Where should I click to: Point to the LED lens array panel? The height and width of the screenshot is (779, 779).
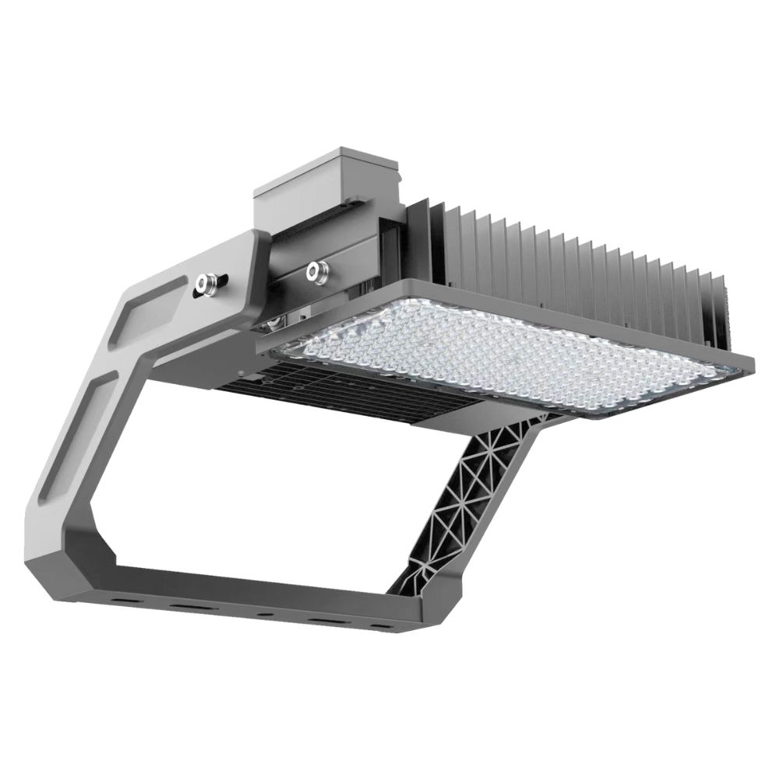(x=514, y=354)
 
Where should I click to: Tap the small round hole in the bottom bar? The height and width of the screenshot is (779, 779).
(x=266, y=614)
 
